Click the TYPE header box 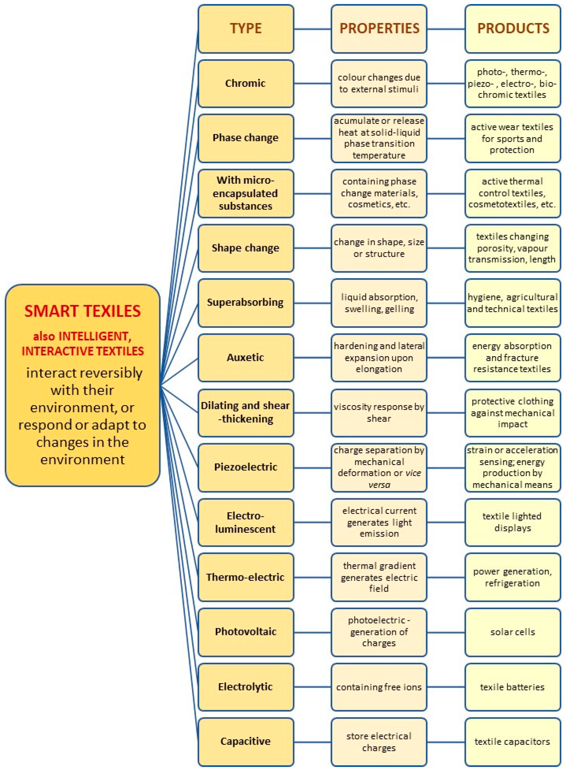[246, 29]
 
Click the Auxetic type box [246, 358]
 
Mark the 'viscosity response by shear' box [379, 413]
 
